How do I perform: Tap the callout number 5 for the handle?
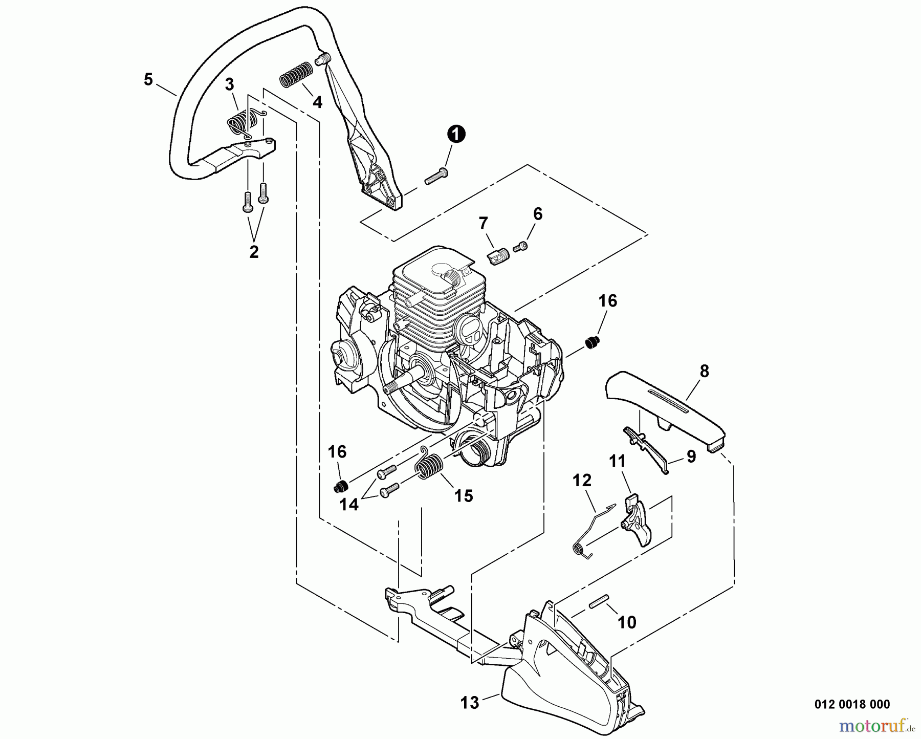148,79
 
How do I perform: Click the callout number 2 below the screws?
254,252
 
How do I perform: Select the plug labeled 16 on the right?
593,343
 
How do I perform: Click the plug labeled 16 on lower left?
340,485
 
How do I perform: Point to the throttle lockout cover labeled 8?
665,407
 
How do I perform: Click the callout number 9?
691,457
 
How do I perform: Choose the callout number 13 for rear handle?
469,703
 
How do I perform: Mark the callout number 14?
349,504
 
